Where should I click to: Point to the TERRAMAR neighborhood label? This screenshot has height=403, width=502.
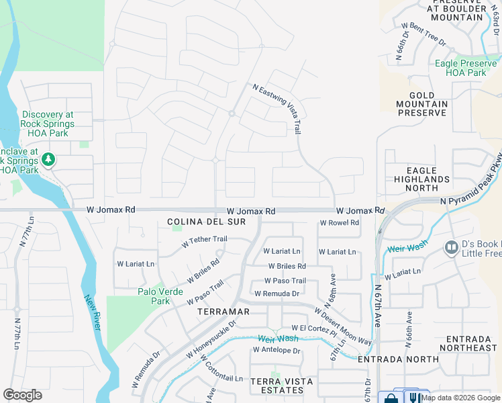coord(223,312)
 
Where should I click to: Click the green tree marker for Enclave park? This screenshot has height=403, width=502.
coord(48,160)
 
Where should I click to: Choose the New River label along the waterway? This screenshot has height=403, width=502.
coord(92,313)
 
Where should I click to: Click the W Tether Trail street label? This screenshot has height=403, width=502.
coord(205,239)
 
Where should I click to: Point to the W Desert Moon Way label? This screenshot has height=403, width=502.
coord(342,326)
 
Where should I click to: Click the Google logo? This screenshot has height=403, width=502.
coord(22,395)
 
